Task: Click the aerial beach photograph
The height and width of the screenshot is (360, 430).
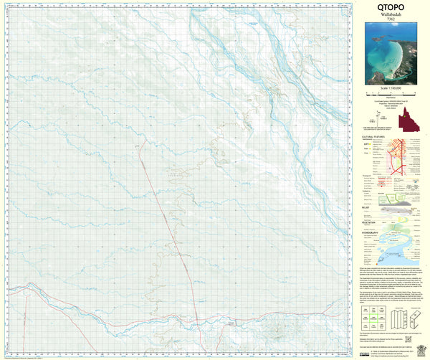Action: click(x=390, y=54)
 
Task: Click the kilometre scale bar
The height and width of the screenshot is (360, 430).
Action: click(x=390, y=93)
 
